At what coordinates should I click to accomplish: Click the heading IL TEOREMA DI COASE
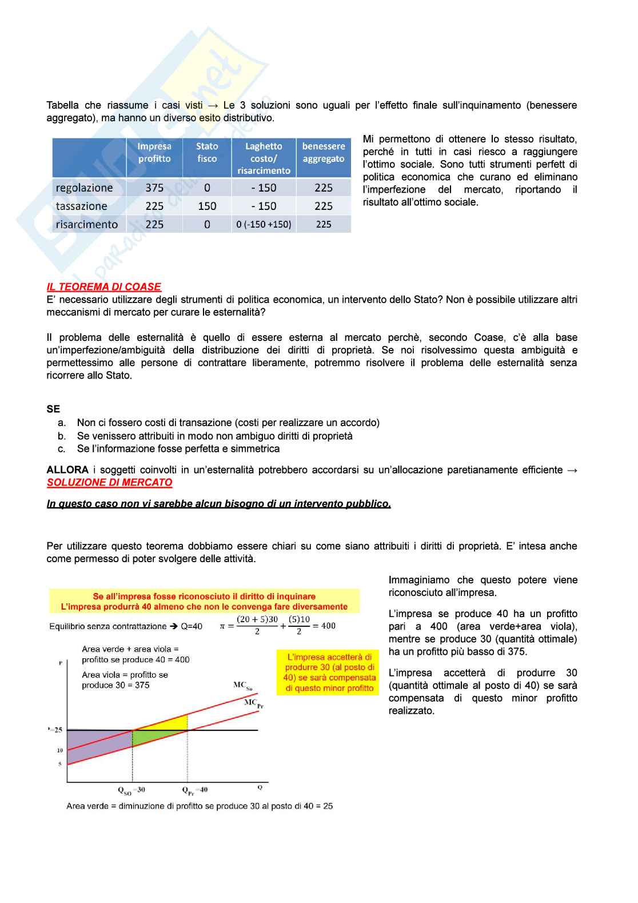click(103, 287)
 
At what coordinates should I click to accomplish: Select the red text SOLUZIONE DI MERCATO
click(109, 482)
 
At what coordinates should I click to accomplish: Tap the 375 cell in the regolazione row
click(154, 188)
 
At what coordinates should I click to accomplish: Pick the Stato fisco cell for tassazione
click(207, 206)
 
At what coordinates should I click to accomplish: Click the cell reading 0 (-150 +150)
click(264, 224)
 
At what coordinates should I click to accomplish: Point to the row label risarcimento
click(87, 224)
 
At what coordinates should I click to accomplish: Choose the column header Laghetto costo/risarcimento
click(264, 158)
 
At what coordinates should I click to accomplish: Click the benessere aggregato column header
click(324, 152)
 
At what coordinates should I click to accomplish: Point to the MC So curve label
click(243, 686)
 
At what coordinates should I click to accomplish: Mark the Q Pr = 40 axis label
click(195, 790)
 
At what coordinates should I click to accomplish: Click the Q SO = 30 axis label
click(131, 790)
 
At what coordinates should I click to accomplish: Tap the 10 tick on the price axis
click(60, 750)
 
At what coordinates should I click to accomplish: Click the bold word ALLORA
click(67, 470)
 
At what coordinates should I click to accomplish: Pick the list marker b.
click(62, 436)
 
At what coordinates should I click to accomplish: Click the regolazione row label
click(85, 188)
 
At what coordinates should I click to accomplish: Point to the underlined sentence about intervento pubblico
click(218, 504)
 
